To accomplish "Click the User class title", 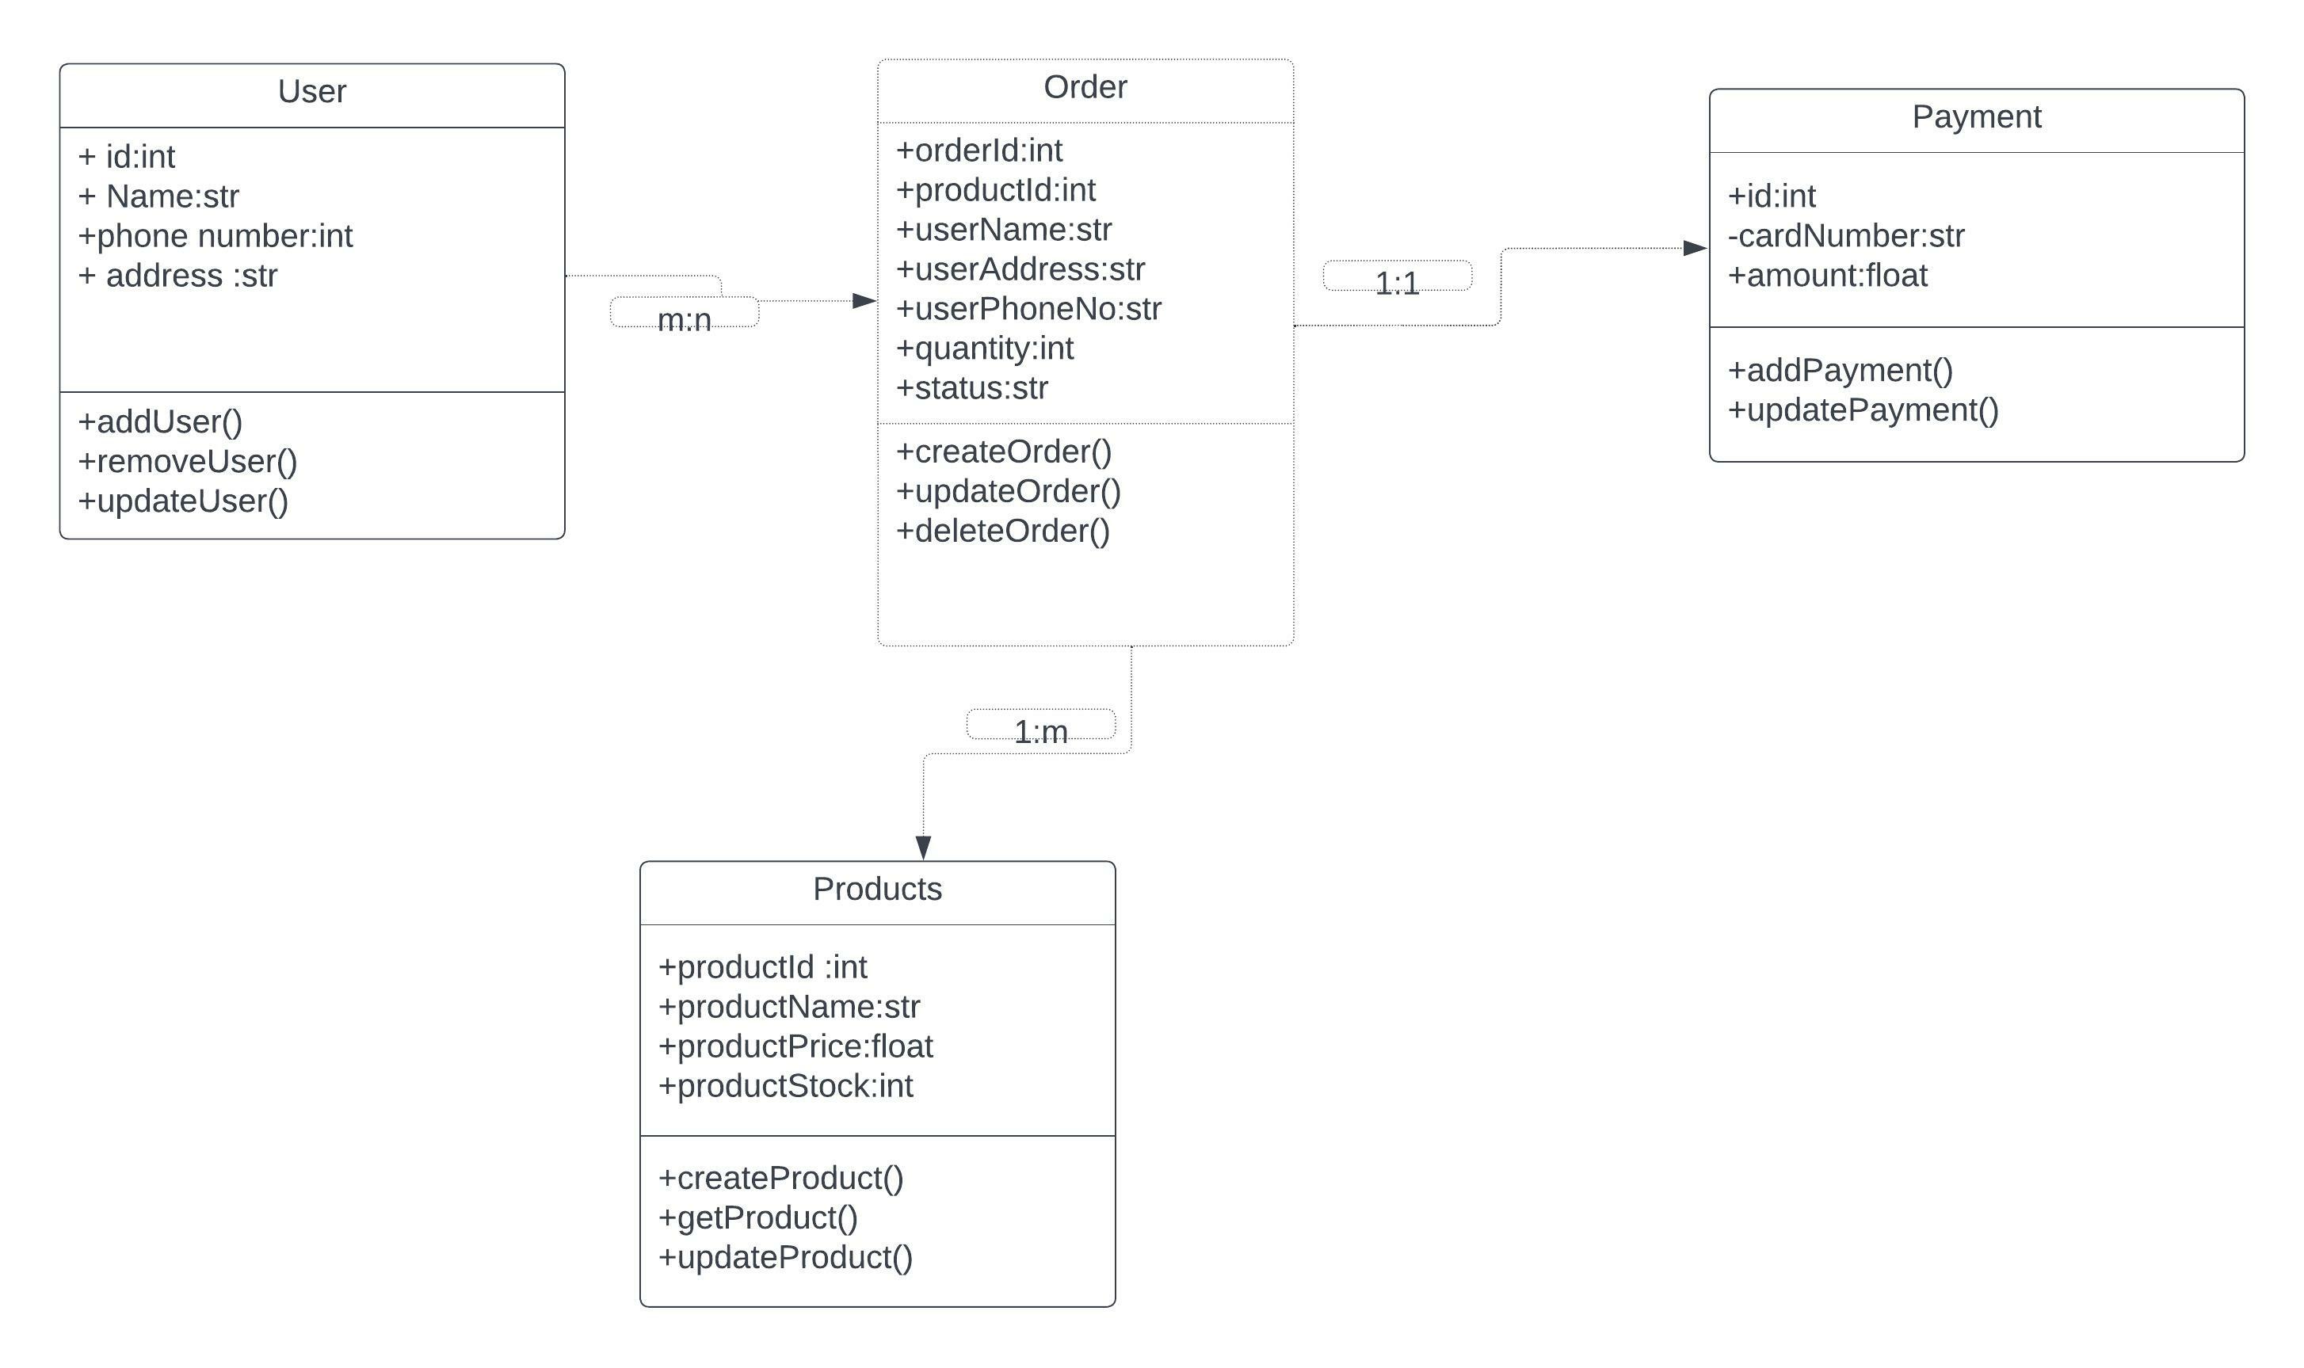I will coord(311,92).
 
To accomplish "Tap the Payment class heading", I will coord(1976,117).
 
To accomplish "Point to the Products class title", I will coord(877,889).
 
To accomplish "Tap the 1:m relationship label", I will coord(1040,731).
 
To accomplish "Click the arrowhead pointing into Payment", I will coord(1694,248).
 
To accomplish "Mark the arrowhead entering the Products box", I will coord(923,846).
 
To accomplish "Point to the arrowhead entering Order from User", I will coord(863,300).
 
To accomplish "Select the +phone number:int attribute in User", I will coord(215,236).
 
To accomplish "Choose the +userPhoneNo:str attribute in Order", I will coord(1028,309).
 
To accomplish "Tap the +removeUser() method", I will coord(187,461).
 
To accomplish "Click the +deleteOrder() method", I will coord(1002,531).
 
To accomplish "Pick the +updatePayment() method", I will coord(1863,410).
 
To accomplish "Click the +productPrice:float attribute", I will coord(795,1046).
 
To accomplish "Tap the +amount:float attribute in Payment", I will coord(1826,276).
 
